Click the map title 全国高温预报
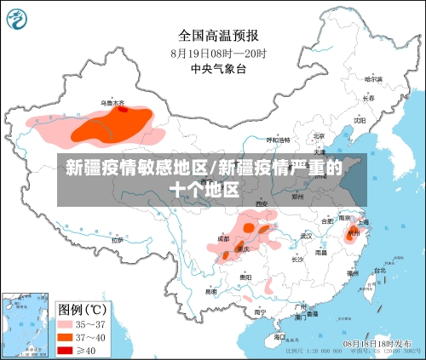point(218,35)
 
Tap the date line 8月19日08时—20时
point(218,53)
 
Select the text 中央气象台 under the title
point(218,69)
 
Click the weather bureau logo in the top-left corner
point(19,18)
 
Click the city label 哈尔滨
point(373,79)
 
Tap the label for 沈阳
point(360,121)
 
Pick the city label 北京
point(319,136)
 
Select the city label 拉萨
point(117,241)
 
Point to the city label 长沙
point(297,259)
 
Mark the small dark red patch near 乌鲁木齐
point(124,109)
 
